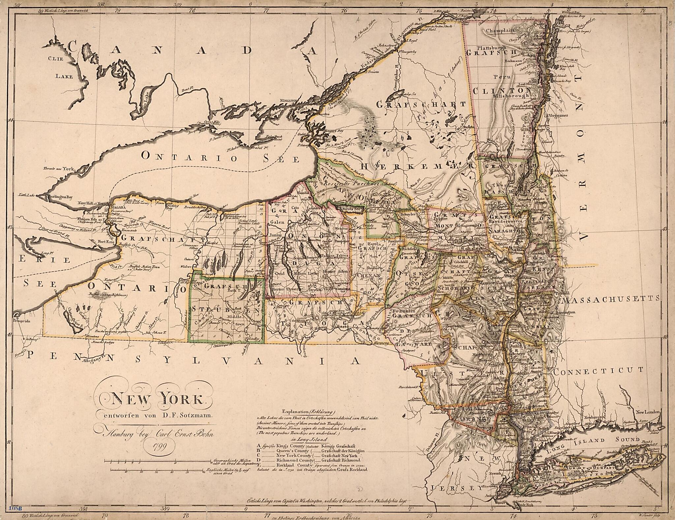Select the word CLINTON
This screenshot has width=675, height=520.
coord(497,91)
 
